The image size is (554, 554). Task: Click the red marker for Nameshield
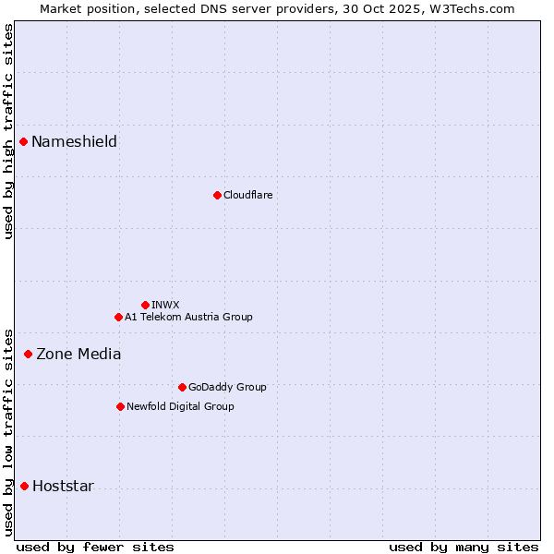pos(24,141)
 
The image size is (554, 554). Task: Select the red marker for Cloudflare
pos(217,195)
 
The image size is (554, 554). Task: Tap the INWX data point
pos(145,305)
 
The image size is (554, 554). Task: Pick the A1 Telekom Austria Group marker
pos(118,317)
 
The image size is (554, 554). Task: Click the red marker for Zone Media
pos(28,354)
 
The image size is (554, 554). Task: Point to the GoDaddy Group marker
pos(182,387)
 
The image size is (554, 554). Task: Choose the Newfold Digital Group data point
pos(120,406)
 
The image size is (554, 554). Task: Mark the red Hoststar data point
pos(24,486)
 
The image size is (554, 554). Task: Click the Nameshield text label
pos(74,141)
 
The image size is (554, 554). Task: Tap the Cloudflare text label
pos(247,195)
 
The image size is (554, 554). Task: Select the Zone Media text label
pos(78,354)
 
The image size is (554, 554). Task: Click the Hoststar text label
pos(63,487)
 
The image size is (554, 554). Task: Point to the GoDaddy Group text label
pos(227,387)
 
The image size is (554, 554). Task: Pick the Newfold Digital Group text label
pos(180,406)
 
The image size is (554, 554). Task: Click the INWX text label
pos(165,305)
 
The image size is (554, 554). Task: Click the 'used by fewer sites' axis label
pos(95,547)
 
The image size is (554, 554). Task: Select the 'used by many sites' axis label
pos(464,547)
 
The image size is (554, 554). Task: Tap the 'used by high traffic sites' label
pos(8,131)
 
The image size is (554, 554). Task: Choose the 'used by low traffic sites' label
pos(8,431)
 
